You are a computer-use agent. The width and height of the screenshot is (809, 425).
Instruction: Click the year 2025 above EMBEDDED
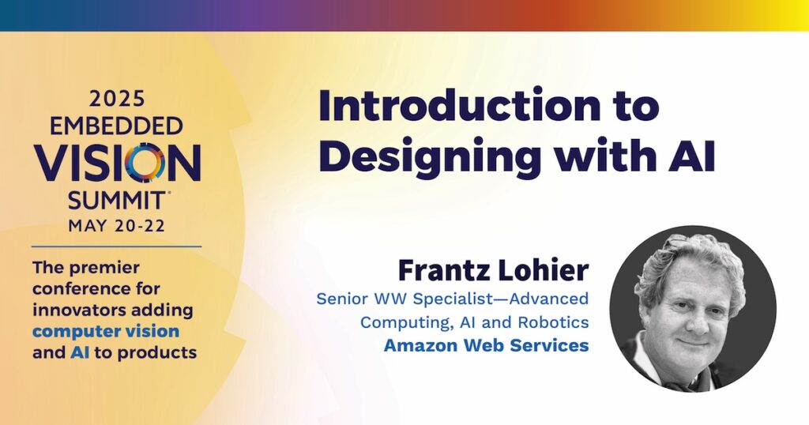coord(117,98)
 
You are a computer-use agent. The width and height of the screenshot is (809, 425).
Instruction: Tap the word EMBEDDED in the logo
coord(116,126)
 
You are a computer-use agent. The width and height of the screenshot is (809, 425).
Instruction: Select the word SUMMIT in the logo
coord(116,200)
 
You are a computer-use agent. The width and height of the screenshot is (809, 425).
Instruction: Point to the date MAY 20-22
coord(117,226)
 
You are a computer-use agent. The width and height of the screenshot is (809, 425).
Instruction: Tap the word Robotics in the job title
coord(553,322)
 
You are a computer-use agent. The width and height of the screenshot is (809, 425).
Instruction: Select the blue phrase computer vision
coord(106,331)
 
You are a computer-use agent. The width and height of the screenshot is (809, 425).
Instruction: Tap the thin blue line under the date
coord(117,246)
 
